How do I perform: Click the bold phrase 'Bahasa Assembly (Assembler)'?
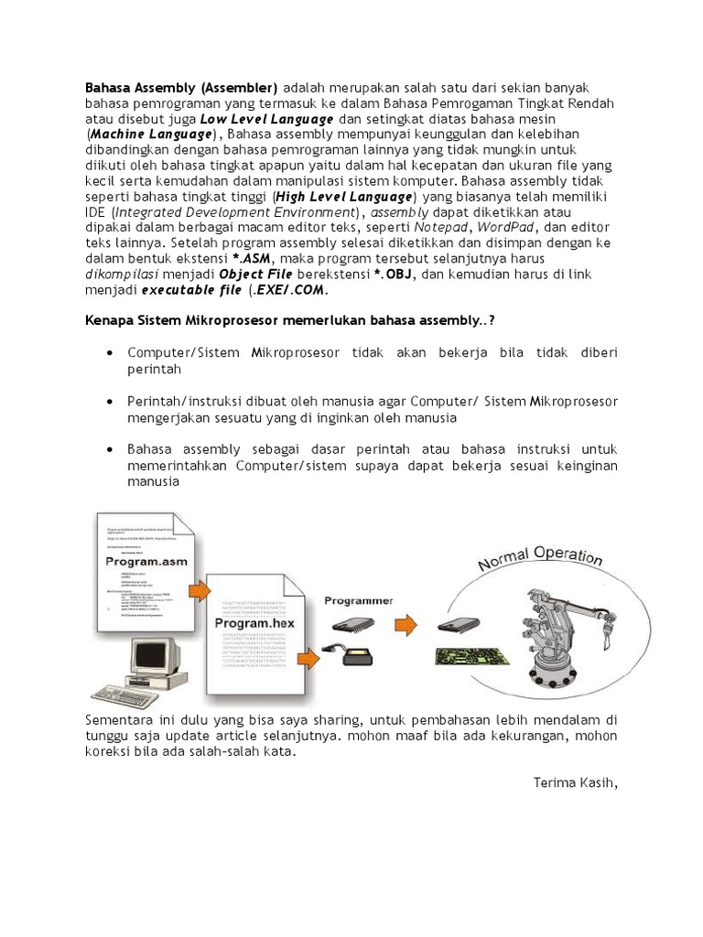181,88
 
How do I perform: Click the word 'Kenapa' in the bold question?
109,322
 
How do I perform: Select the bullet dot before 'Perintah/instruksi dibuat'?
110,402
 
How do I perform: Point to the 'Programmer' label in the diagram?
359,601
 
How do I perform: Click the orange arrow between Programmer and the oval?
405,626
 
